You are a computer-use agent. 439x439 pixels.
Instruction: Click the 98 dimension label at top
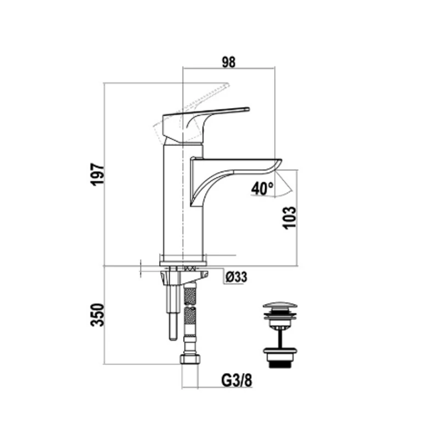229,62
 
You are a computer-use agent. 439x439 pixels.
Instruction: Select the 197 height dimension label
98,174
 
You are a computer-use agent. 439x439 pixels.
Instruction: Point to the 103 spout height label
290,218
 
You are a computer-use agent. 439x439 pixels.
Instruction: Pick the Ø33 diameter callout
237,277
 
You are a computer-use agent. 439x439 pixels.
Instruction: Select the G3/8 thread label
237,380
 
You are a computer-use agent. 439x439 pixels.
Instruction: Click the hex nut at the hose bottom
190,359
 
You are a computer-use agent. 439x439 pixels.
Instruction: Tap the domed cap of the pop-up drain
280,306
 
